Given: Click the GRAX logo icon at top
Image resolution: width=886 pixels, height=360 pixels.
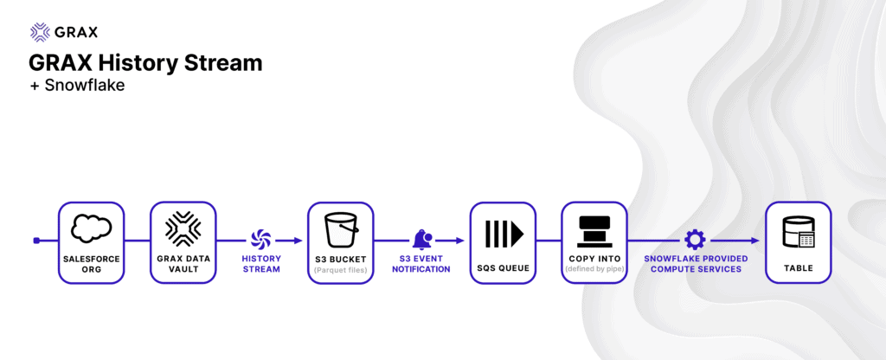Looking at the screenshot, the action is pyautogui.click(x=39, y=32).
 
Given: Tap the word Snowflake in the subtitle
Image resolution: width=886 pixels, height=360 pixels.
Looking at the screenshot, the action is pyautogui.click(x=85, y=86).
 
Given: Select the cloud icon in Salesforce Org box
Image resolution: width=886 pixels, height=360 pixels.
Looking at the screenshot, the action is pyautogui.click(x=91, y=228).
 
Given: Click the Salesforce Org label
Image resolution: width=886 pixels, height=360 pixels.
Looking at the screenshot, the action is pyautogui.click(x=91, y=264).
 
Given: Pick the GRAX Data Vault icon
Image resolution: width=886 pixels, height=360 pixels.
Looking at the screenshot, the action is pyautogui.click(x=183, y=228).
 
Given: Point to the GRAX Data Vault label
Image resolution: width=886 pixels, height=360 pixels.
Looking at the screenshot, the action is pyautogui.click(x=183, y=264).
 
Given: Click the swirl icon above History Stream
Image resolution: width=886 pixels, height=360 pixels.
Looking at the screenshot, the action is pyautogui.click(x=260, y=238).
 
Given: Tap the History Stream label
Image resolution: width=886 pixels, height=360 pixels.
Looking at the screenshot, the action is pyautogui.click(x=261, y=264).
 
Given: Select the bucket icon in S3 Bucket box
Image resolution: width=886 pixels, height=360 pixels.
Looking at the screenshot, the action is pyautogui.click(x=341, y=230).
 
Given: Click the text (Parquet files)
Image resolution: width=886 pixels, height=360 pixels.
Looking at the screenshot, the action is pyautogui.click(x=341, y=270).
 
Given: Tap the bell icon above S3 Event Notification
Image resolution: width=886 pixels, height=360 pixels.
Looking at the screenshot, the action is pyautogui.click(x=421, y=239).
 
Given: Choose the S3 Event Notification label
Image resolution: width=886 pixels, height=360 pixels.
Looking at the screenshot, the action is pyautogui.click(x=421, y=264).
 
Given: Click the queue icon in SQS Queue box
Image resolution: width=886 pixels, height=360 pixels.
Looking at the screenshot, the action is pyautogui.click(x=504, y=231).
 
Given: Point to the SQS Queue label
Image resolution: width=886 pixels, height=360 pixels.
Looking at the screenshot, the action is pyautogui.click(x=503, y=268).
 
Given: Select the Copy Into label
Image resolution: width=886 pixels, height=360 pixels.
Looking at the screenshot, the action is pyautogui.click(x=594, y=259).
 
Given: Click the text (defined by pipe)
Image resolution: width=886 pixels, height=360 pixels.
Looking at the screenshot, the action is pyautogui.click(x=594, y=270).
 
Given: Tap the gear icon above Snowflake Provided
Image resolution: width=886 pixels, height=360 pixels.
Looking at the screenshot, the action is pyautogui.click(x=695, y=240).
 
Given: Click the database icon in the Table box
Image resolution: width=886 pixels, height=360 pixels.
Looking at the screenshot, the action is pyautogui.click(x=798, y=233).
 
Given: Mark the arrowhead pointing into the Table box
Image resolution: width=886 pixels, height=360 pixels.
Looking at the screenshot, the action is pyautogui.click(x=754, y=241).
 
